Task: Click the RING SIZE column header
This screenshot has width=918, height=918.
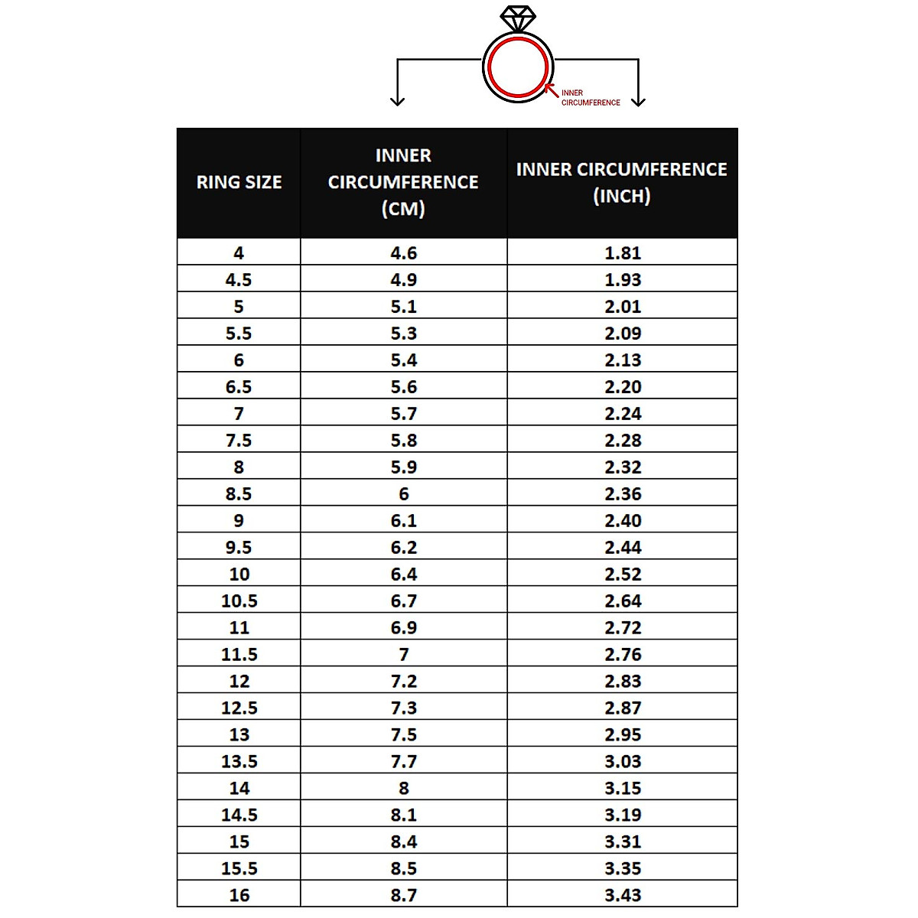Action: click(239, 182)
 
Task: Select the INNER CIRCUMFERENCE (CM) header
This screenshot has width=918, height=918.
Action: click(403, 182)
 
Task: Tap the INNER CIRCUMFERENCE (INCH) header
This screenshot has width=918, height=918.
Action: click(622, 182)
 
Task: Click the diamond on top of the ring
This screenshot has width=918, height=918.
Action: click(518, 18)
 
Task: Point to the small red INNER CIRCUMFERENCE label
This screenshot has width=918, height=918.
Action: click(590, 97)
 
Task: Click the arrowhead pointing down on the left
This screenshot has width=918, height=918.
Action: click(397, 100)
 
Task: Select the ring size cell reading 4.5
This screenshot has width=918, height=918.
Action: click(239, 280)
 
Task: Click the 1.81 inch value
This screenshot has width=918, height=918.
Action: click(623, 253)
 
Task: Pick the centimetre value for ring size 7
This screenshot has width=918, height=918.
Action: click(404, 414)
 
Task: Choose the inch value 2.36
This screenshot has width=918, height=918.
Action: click(623, 494)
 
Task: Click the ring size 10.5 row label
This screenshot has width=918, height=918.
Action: click(239, 601)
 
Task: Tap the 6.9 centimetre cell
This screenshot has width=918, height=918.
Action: click(404, 628)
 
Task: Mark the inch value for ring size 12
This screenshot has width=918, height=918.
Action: click(623, 682)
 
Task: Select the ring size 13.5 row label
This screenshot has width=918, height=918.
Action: click(239, 762)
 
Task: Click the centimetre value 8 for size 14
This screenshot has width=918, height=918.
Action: click(404, 789)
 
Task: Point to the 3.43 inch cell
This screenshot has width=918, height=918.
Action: click(623, 895)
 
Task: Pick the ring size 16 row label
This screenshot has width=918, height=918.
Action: click(239, 895)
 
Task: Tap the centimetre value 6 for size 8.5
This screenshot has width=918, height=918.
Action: click(404, 494)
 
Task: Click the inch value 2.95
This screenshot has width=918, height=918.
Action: click(623, 735)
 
